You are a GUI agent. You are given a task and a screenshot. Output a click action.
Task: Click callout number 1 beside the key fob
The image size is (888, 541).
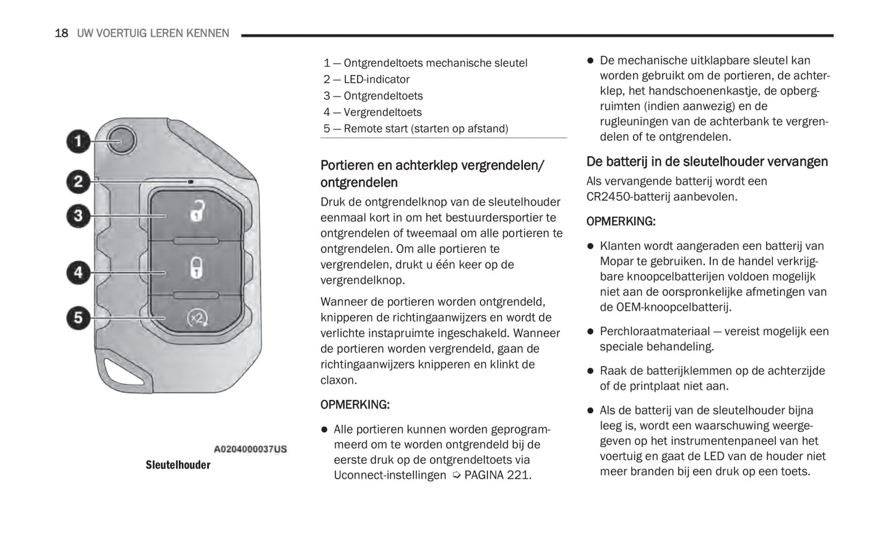pos(78,142)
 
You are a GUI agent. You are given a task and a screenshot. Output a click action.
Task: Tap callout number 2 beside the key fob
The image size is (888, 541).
pos(78,182)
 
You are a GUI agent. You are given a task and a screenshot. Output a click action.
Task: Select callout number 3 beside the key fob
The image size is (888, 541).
pos(78,216)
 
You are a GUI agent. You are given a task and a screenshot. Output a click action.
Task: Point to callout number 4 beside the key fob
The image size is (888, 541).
pos(78,272)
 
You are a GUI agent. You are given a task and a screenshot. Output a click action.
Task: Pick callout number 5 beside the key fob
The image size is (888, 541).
pos(78,317)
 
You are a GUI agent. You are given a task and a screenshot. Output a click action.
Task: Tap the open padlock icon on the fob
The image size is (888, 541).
pos(196,211)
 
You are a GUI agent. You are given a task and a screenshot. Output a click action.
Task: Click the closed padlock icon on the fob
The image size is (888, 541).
pos(196,268)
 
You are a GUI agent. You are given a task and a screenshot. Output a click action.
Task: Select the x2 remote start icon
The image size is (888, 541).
pos(197,319)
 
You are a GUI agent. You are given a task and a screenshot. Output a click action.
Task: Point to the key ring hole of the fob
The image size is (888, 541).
pos(121,373)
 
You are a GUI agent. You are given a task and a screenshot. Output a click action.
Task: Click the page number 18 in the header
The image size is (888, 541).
pos(61,33)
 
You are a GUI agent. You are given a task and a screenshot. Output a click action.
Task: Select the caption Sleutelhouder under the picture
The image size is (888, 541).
pos(178,465)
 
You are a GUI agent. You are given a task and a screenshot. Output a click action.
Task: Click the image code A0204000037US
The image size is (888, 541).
pos(250,449)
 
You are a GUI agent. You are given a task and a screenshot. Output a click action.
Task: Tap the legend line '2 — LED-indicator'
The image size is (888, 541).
pos(366,79)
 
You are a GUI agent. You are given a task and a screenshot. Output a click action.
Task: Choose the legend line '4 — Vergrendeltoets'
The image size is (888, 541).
pos(372,112)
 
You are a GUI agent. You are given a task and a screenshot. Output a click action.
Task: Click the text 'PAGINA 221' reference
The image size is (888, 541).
pos(497,475)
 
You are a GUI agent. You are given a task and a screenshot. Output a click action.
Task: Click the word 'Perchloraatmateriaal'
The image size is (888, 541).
pos(652,332)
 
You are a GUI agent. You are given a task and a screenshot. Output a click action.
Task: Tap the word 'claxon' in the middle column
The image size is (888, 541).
pos(338,380)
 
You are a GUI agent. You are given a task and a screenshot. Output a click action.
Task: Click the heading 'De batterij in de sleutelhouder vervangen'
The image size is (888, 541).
pos(707,162)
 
